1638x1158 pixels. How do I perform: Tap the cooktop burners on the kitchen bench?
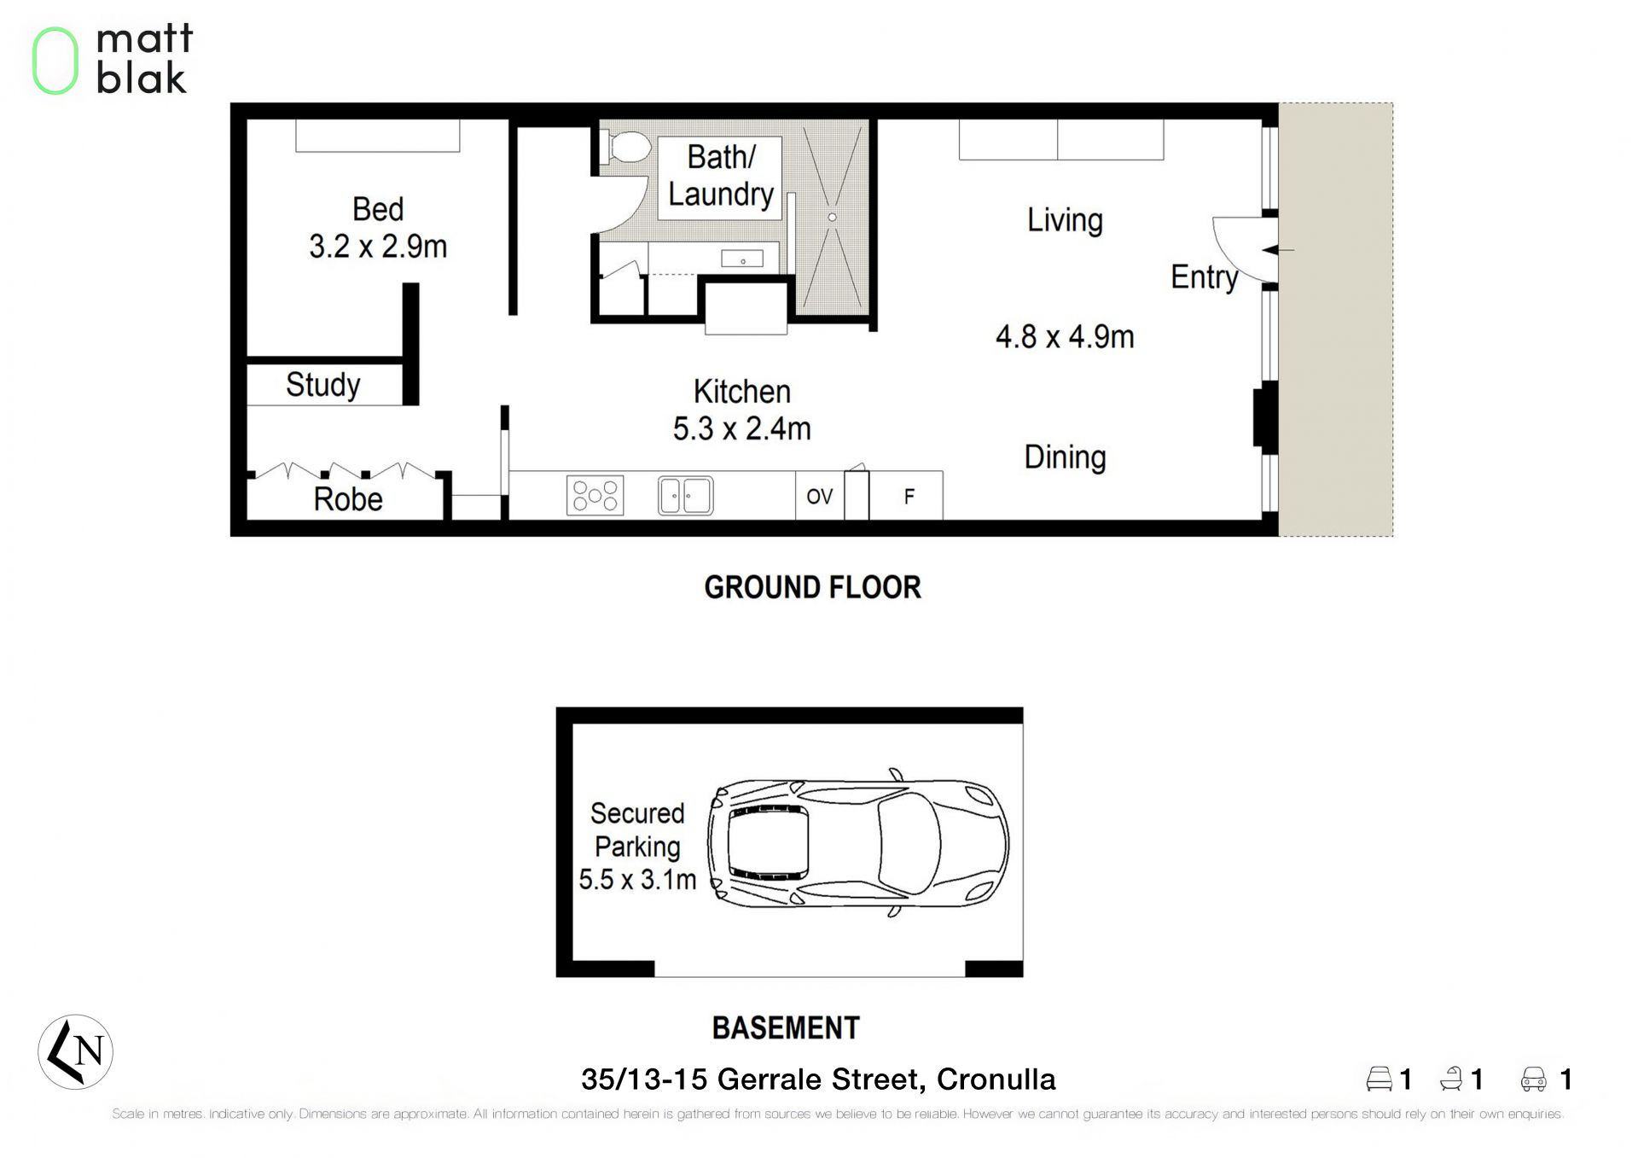click(x=595, y=496)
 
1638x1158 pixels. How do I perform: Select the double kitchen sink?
click(x=685, y=496)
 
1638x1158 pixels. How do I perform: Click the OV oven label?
click(x=819, y=497)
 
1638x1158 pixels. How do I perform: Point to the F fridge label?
click(x=909, y=497)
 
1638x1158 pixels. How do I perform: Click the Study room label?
click(x=322, y=385)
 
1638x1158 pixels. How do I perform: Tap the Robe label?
click(x=348, y=499)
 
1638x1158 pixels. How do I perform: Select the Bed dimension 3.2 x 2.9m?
click(x=378, y=247)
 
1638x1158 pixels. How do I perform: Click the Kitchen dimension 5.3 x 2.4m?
click(x=741, y=428)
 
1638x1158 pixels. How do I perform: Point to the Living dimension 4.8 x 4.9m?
click(x=1065, y=337)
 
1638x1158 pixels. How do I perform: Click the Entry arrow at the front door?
click(x=1278, y=250)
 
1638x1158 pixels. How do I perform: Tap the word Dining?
click(x=1065, y=458)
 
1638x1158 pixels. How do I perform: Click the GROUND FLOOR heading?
click(x=812, y=587)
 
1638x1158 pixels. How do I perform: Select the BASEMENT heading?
click(x=786, y=1027)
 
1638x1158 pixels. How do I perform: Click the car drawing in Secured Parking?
click(x=858, y=843)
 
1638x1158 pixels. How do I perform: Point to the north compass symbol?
click(x=75, y=1052)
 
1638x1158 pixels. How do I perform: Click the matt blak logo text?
click(x=144, y=59)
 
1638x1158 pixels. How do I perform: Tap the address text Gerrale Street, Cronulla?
click(x=886, y=1079)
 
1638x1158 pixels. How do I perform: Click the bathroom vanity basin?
click(x=742, y=259)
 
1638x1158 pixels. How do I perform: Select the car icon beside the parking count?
click(x=1533, y=1079)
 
